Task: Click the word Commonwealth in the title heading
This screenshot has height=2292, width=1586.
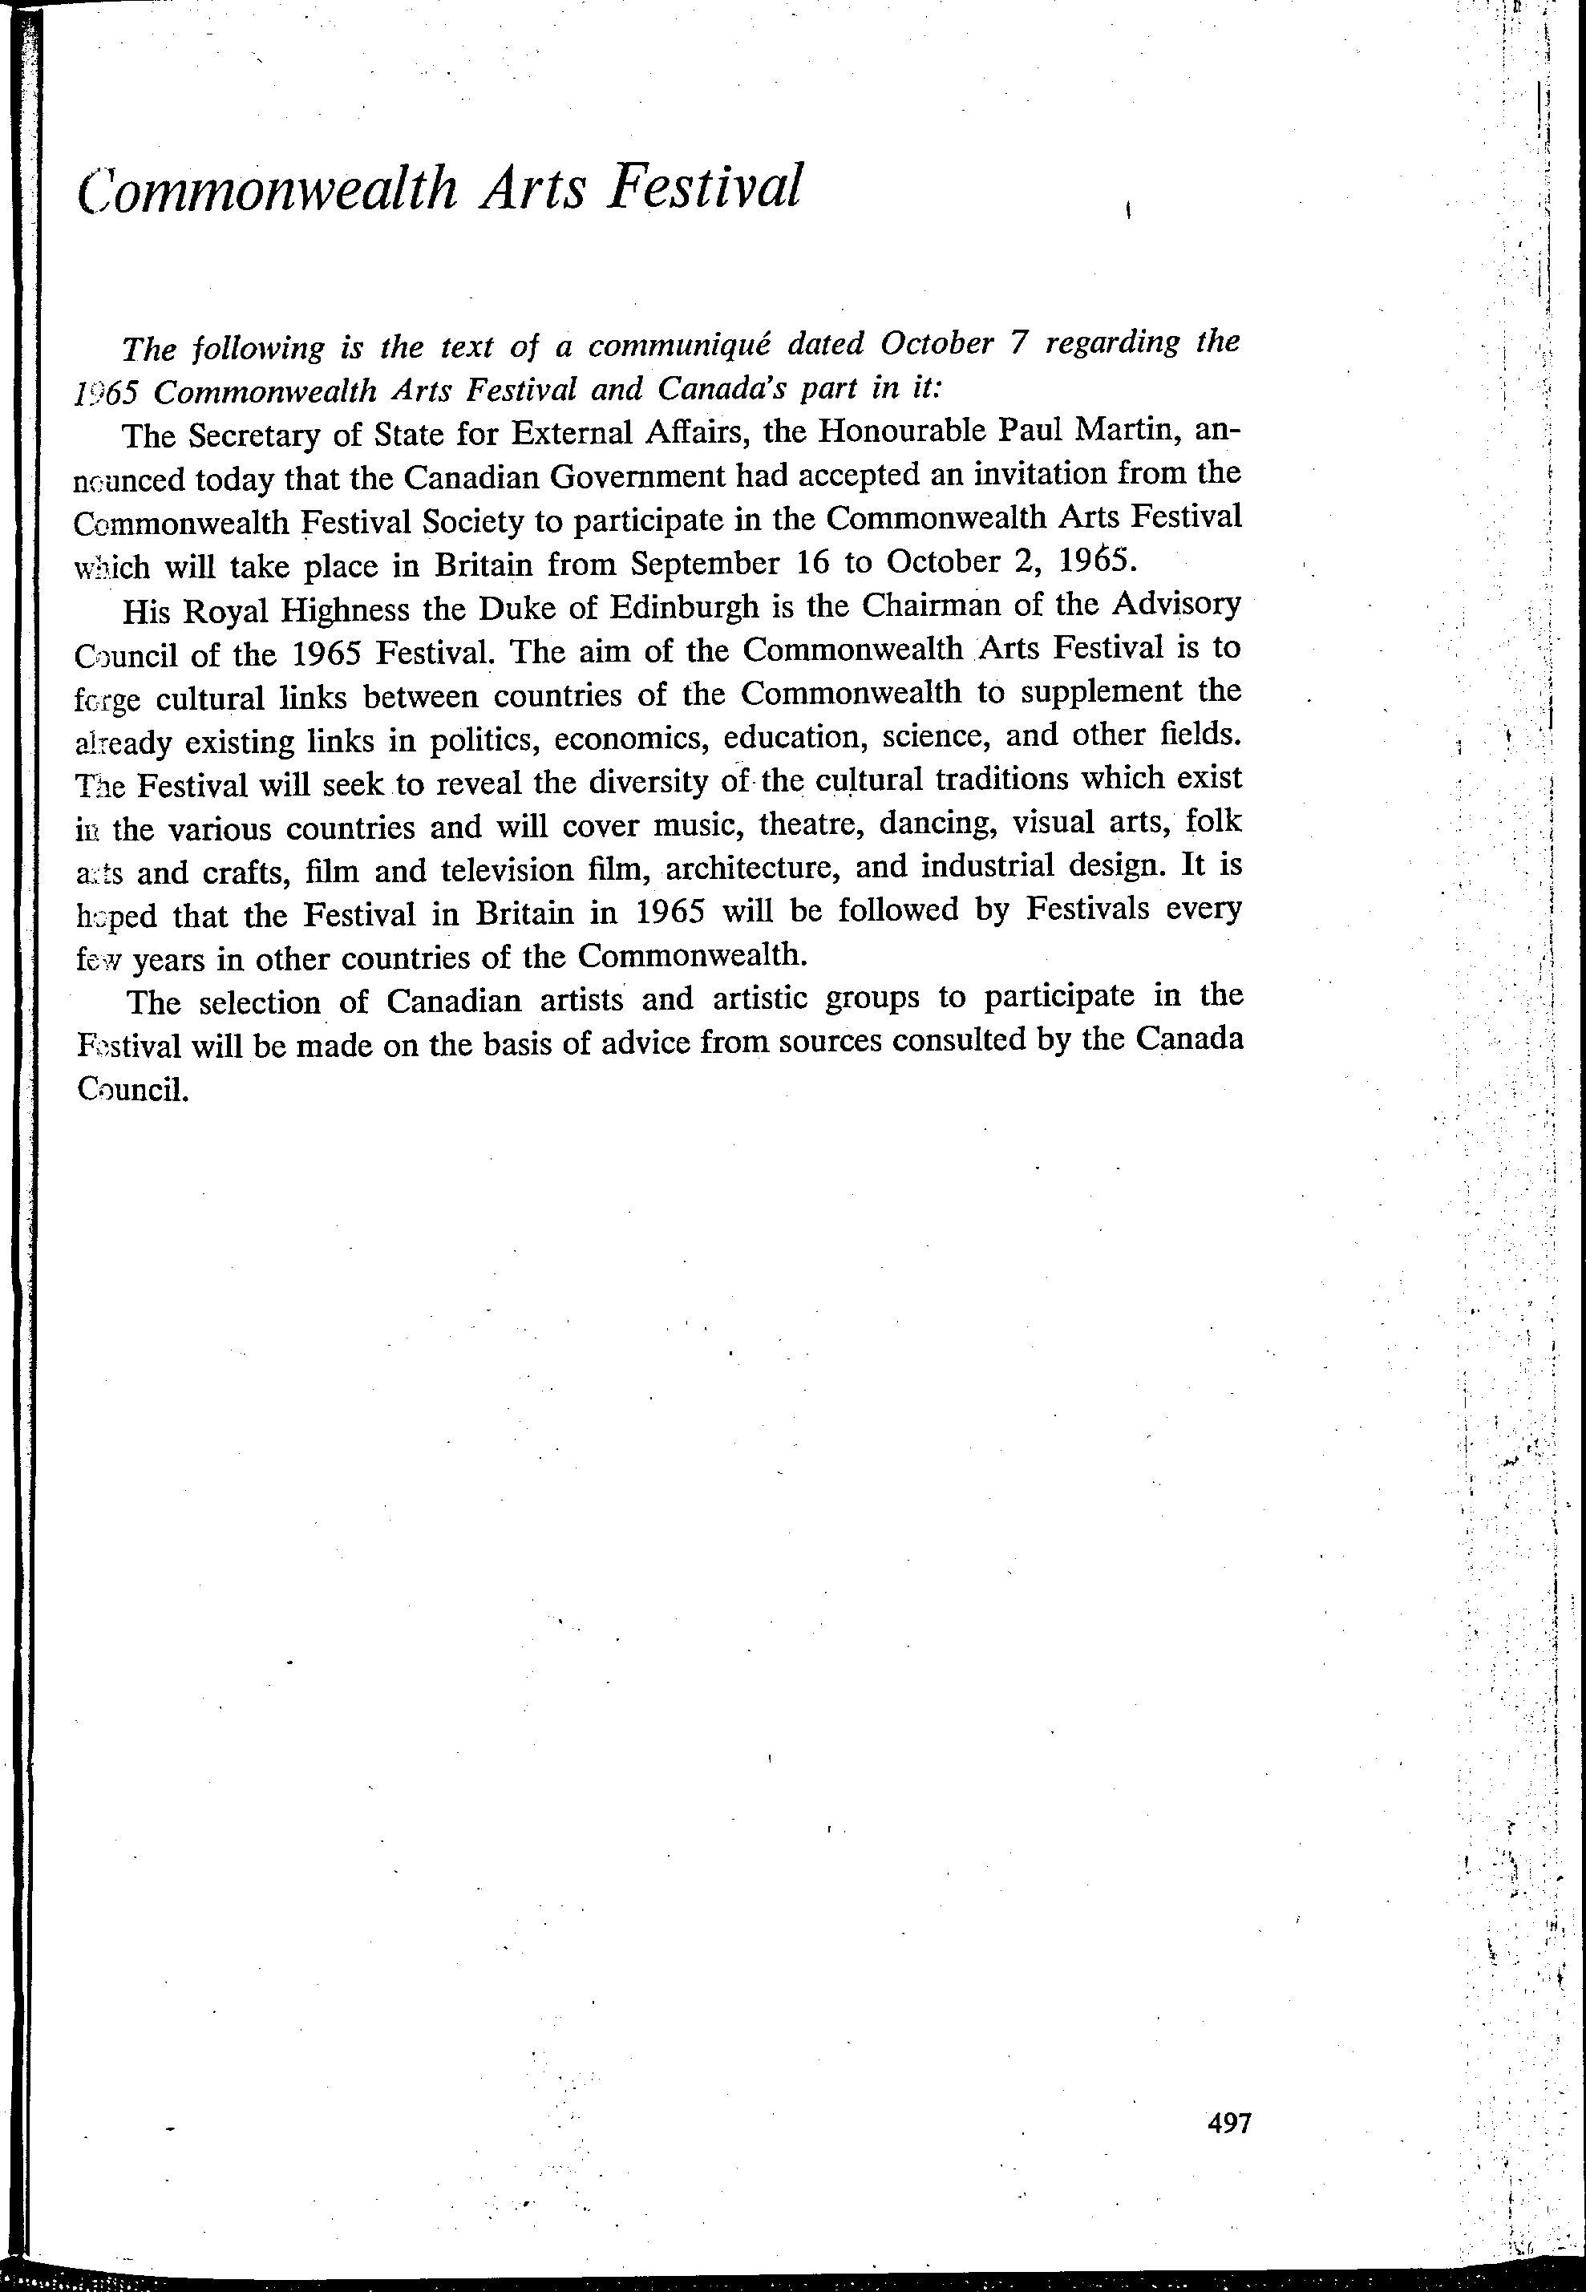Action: [x=266, y=188]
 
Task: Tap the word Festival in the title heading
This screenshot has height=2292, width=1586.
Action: [x=702, y=186]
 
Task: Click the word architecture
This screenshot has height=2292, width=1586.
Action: [x=753, y=868]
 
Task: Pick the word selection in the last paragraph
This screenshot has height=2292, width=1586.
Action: [x=259, y=1002]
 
